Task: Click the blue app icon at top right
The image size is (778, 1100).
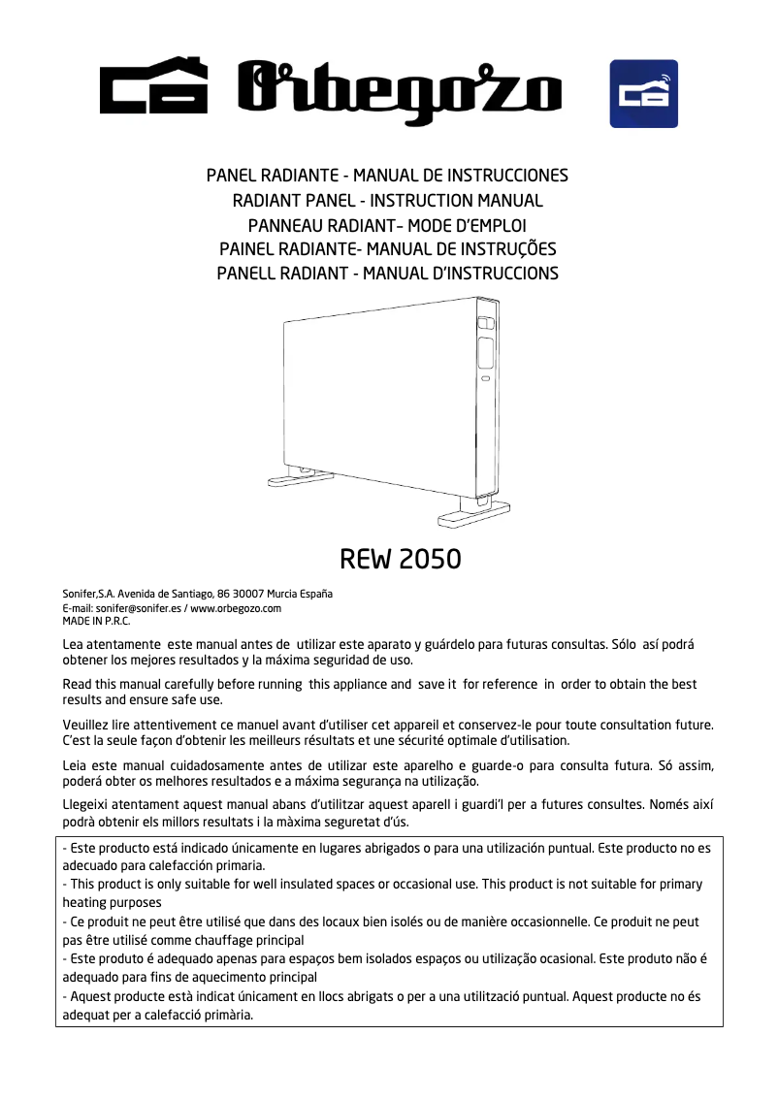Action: pyautogui.click(x=643, y=93)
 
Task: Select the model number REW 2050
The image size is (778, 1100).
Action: pyautogui.click(x=400, y=560)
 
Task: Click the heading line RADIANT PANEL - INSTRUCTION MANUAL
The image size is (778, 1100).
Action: pyautogui.click(x=388, y=201)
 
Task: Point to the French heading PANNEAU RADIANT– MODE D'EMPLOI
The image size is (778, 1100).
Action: pyautogui.click(x=388, y=225)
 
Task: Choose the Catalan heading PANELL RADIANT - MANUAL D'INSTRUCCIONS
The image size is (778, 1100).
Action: pyautogui.click(x=388, y=274)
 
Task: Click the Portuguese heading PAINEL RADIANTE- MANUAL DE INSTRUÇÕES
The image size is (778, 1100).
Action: pyautogui.click(x=388, y=249)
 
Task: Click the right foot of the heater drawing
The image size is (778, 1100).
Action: pyautogui.click(x=474, y=512)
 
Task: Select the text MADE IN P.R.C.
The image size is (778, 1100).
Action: pyautogui.click(x=96, y=621)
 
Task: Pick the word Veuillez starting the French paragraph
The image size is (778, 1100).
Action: pyautogui.click(x=88, y=726)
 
